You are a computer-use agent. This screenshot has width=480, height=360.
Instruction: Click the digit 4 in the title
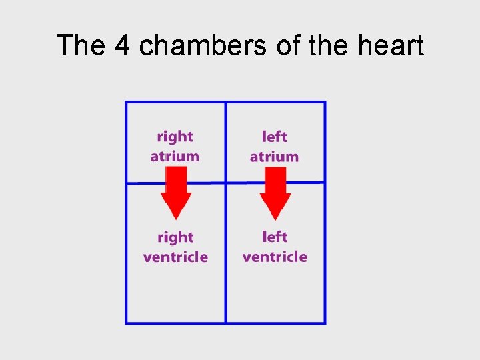pos(122,45)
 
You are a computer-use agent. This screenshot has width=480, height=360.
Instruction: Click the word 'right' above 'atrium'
pos(175,137)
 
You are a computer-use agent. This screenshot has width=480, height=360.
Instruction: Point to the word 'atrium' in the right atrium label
pos(175,157)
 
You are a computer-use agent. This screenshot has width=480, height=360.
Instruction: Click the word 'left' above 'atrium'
pos(275,137)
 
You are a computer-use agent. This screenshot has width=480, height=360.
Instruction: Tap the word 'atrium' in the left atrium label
pos(274,157)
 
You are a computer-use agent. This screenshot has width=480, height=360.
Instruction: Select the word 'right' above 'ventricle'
pos(175,237)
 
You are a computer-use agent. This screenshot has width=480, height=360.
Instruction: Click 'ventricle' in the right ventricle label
pos(175,257)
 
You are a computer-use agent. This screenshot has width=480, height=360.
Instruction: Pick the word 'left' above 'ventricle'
pos(275,237)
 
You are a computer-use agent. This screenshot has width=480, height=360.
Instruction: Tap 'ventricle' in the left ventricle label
pos(275,257)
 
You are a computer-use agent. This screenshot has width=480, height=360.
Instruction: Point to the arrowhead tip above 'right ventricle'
pos(176,219)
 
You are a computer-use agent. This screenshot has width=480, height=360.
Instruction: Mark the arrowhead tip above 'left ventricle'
pos(275,219)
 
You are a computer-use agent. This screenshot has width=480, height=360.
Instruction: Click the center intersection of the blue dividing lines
pos(225,182)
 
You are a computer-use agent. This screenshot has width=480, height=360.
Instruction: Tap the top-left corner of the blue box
pos(126,102)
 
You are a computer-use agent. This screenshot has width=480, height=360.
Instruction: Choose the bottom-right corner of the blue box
pos(325,323)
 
